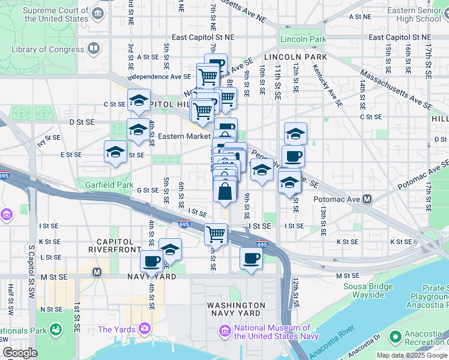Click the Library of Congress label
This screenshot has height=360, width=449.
(48, 49)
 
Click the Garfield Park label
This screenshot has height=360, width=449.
(109, 185)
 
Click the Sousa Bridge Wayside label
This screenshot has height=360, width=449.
(364, 290)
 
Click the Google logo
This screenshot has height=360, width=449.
(19, 352)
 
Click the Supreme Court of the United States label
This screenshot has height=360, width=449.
(56, 14)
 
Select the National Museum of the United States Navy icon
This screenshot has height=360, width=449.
(224, 331)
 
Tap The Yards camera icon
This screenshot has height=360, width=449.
(144, 328)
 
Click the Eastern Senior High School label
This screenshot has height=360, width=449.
(414, 14)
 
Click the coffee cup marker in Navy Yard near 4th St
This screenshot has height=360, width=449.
(151, 261)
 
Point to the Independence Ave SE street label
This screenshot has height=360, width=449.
(159, 77)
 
